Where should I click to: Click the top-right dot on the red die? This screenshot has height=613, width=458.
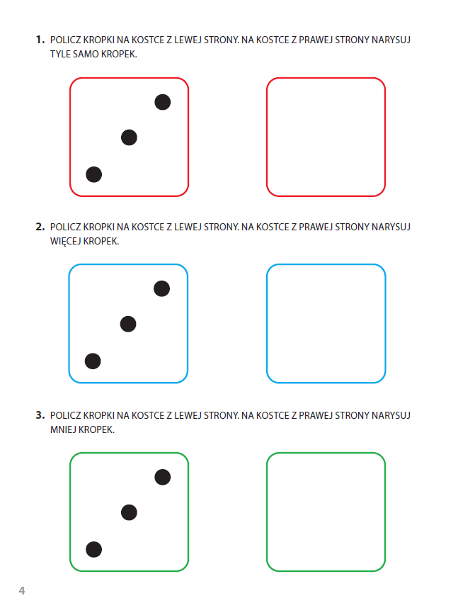[162, 102]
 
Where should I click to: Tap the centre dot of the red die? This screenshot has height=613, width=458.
[129, 137]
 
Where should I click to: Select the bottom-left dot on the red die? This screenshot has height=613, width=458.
[93, 174]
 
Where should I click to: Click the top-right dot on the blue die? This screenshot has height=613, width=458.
[161, 288]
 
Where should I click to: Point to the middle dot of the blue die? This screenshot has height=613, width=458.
[128, 324]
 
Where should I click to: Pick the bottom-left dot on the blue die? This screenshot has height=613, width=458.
[93, 361]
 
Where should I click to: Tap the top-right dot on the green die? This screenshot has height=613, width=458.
[162, 477]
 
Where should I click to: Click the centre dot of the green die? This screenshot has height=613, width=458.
[129, 512]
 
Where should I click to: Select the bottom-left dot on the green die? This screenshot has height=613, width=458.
[93, 549]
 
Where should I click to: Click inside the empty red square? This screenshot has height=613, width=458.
[326, 137]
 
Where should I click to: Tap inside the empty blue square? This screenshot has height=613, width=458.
[326, 323]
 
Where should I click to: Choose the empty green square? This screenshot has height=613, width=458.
[326, 512]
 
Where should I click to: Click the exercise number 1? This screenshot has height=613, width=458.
[40, 40]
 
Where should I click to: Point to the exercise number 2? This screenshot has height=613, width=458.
[40, 227]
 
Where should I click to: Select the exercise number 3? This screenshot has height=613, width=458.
[40, 415]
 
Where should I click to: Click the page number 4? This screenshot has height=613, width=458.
[22, 590]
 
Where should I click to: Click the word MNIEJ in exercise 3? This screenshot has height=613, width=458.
[63, 429]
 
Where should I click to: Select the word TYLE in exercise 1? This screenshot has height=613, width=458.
[60, 54]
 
